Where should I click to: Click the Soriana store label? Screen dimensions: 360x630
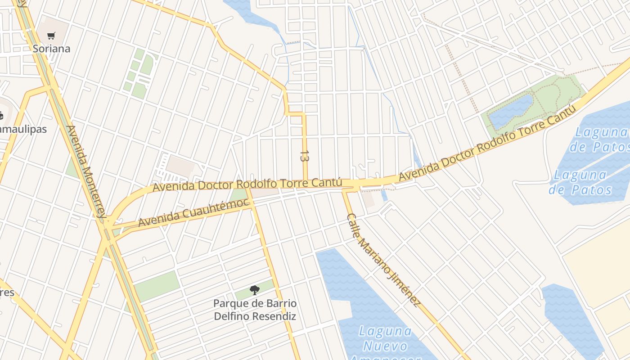click(x=51, y=49)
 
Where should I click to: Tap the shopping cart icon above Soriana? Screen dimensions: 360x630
click(x=51, y=36)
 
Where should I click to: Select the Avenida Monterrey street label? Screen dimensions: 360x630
click(x=85, y=171)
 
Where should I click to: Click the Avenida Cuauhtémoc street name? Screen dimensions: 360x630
click(x=193, y=212)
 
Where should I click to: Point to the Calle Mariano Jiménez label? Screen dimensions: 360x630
click(x=383, y=261)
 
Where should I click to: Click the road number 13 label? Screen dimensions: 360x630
click(x=305, y=156)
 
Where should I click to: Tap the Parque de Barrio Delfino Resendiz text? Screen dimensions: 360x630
click(x=255, y=310)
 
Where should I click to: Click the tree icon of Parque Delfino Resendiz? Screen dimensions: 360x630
click(x=255, y=290)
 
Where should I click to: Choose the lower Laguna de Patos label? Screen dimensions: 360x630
click(x=580, y=182)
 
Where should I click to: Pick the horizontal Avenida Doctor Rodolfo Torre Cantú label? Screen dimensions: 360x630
click(x=247, y=184)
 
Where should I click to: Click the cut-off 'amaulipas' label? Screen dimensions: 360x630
click(x=22, y=129)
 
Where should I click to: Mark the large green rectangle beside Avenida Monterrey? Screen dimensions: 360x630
click(x=157, y=286)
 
